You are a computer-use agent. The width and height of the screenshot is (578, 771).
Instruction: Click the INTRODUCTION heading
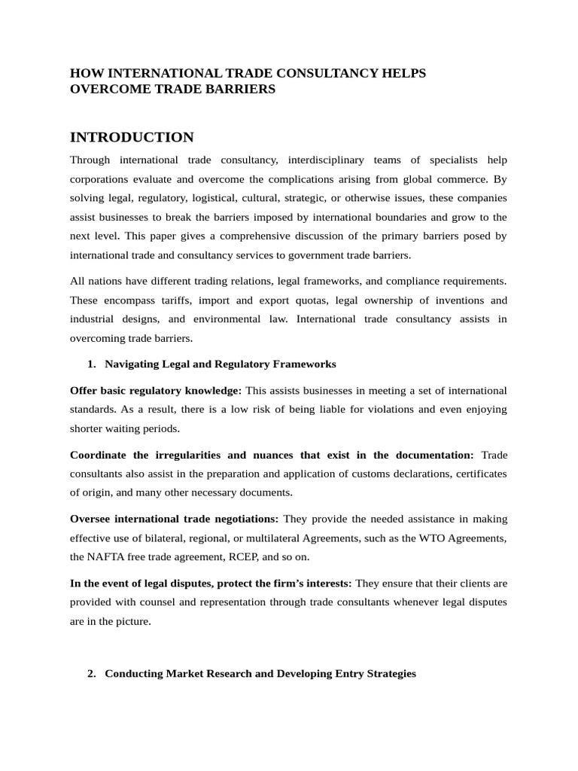click(132, 137)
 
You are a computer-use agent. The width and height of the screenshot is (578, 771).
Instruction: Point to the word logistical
click(243, 197)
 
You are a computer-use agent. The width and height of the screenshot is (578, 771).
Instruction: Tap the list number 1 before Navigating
click(91, 364)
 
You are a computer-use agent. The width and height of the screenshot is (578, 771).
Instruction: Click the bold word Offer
click(84, 390)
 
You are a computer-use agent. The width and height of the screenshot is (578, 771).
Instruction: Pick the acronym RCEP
click(248, 557)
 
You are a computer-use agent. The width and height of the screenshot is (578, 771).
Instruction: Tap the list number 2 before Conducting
click(91, 673)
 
